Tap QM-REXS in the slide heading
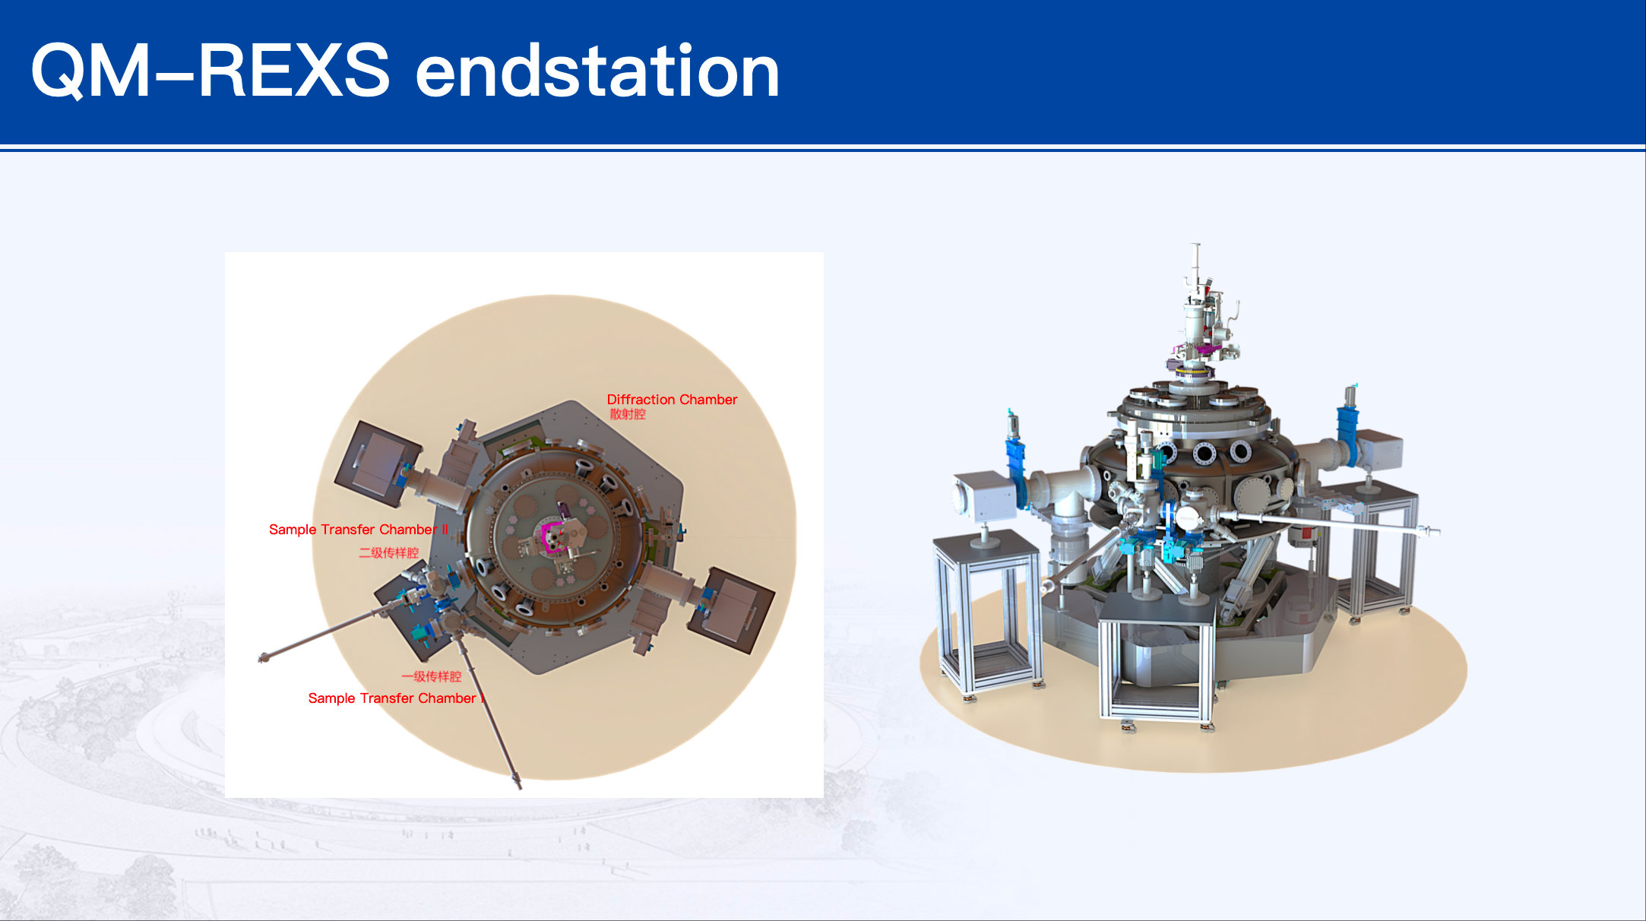210,71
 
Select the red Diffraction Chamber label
672,399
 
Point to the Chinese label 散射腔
628,414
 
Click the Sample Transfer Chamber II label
359,530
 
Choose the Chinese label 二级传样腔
388,552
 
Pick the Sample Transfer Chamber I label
396,698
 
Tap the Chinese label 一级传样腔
431,676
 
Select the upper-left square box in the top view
378,464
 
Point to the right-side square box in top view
731,610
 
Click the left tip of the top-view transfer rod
263,658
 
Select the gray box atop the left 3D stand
983,498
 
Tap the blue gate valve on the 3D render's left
1016,464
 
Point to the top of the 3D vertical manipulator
1195,245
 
